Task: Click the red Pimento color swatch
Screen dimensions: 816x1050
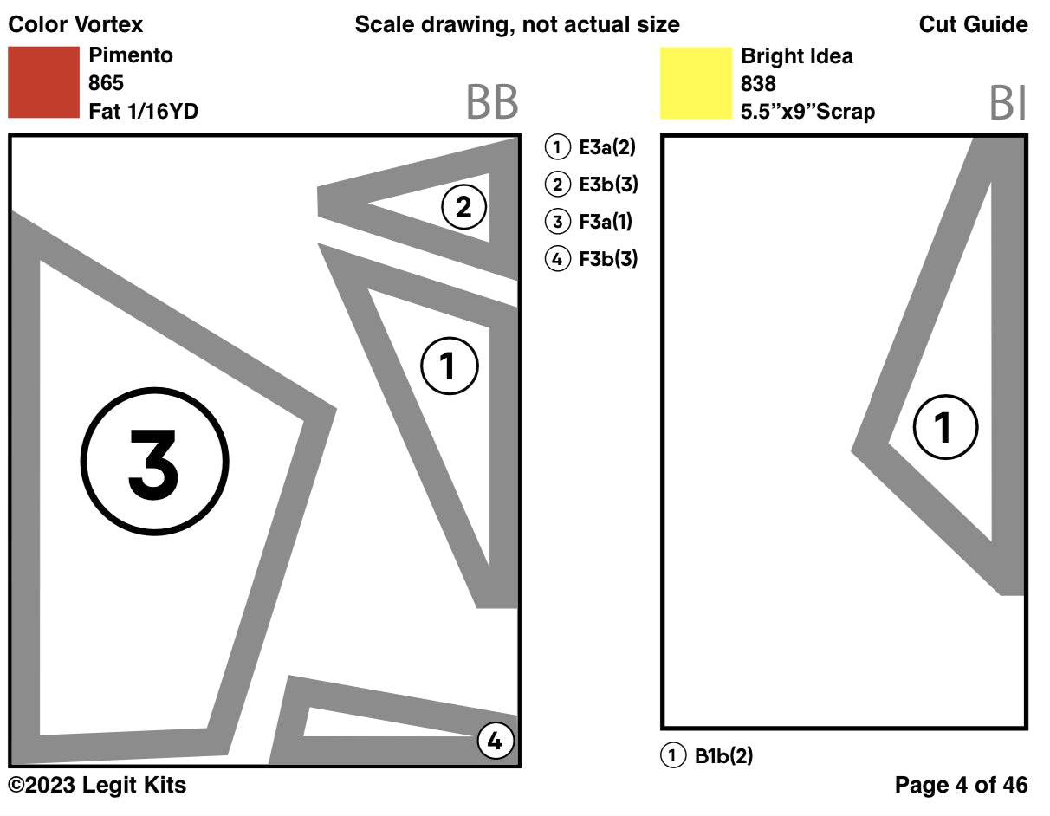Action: (x=43, y=82)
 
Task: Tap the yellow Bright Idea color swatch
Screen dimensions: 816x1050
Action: (x=695, y=83)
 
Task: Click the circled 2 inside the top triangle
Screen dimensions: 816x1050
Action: (x=463, y=207)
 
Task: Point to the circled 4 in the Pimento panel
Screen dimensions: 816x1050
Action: (x=495, y=741)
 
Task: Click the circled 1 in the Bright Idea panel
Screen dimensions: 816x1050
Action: (x=945, y=426)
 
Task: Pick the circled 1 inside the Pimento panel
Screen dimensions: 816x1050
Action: (x=449, y=366)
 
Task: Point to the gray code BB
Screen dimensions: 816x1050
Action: (x=491, y=103)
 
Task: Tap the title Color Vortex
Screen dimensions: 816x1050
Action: (x=75, y=24)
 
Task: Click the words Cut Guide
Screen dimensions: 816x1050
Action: (x=973, y=24)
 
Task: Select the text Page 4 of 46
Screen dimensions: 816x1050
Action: (x=961, y=786)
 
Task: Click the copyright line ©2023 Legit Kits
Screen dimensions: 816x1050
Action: (x=97, y=786)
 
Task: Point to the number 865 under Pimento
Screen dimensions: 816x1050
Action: (x=106, y=83)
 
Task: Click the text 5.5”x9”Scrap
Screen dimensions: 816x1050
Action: (x=807, y=112)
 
